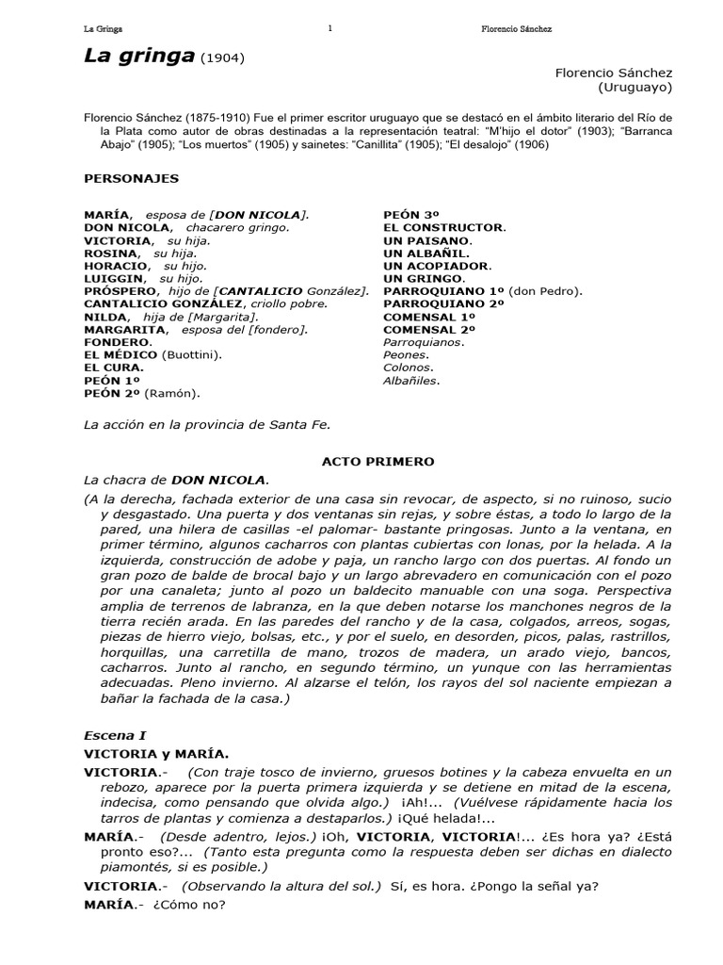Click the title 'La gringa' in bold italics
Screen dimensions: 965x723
point(138,56)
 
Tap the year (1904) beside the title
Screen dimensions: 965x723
point(223,57)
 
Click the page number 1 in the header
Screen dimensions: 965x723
point(329,28)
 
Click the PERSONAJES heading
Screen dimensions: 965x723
point(131,177)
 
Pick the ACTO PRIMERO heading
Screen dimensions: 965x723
point(379,462)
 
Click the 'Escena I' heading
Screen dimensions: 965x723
point(115,734)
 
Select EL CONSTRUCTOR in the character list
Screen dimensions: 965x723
point(443,227)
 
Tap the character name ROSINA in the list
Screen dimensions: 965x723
point(110,254)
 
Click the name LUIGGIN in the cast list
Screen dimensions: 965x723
point(115,279)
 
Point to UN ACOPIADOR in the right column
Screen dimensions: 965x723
point(436,266)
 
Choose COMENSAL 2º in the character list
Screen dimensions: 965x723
point(429,330)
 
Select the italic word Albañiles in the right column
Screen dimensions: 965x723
point(410,381)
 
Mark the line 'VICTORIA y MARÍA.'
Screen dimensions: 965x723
point(155,753)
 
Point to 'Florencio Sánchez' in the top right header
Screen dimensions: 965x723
point(516,29)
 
